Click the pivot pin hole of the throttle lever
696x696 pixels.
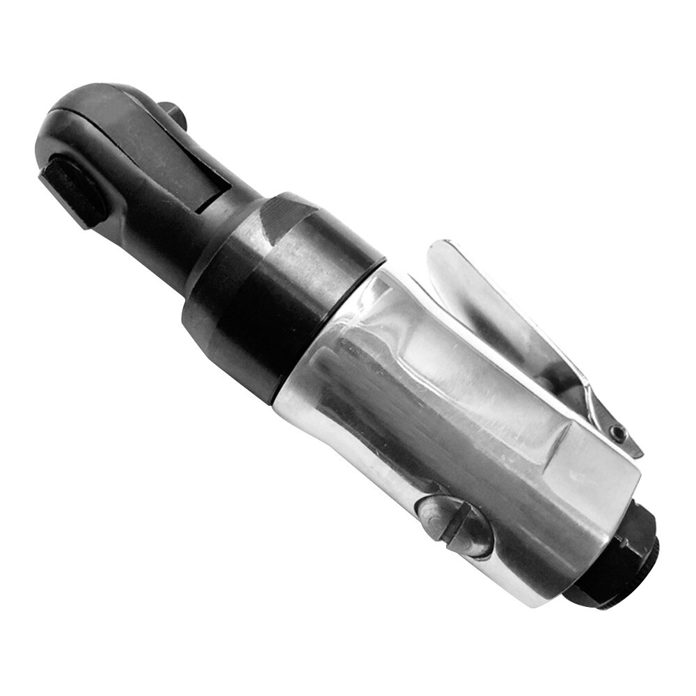pos(617,433)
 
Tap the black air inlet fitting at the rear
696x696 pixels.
pos(612,557)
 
